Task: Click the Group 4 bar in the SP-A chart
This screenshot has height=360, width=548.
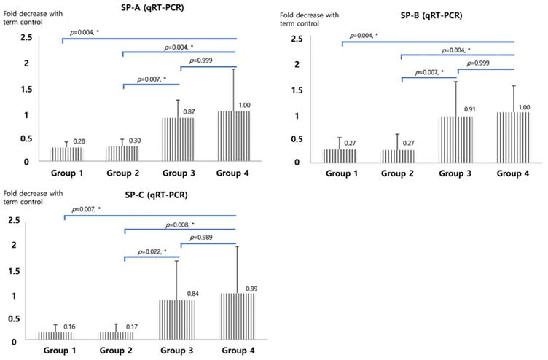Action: (231, 135)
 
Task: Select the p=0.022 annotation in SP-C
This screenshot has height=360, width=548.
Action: (149, 251)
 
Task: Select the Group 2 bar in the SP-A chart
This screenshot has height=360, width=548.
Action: (122, 153)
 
